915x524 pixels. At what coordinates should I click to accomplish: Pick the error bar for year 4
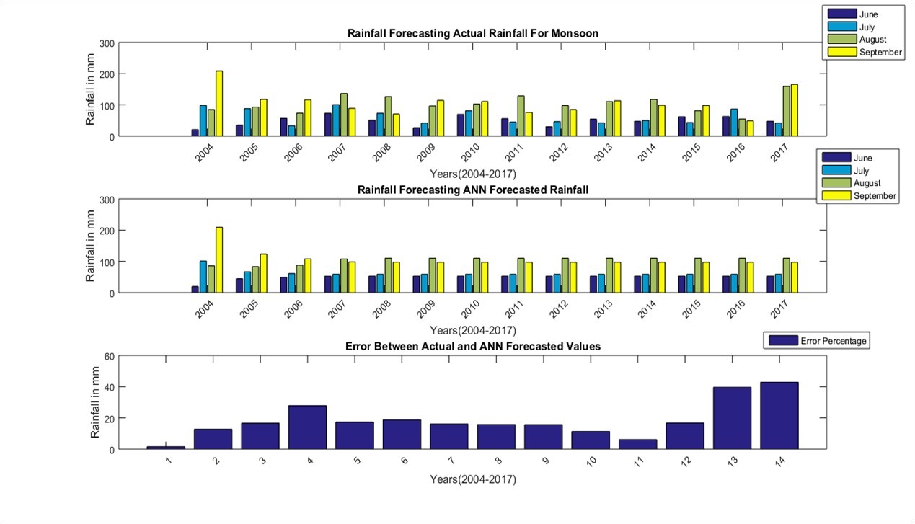307,427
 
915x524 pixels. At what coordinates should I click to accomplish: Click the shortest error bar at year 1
166,448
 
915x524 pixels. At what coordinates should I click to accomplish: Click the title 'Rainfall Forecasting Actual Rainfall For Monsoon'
472,33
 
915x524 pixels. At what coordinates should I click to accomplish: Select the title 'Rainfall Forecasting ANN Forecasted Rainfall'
472,190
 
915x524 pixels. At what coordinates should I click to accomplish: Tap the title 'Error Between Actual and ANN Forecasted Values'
472,347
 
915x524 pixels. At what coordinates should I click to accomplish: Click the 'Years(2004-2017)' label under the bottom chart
472,479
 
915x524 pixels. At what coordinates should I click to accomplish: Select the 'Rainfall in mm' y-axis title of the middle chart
91,246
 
